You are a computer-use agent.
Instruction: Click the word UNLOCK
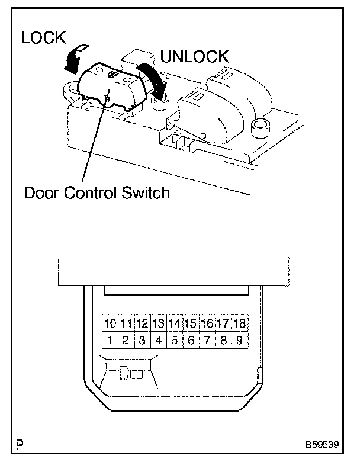[194, 57]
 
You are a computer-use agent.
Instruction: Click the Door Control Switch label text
[97, 193]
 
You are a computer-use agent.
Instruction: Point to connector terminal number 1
[110, 341]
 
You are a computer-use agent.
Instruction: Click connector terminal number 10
[110, 324]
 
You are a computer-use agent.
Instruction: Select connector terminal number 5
[175, 341]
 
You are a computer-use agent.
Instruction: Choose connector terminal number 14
[175, 324]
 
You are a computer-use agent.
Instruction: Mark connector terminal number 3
[142, 341]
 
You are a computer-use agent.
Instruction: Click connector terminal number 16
[207, 324]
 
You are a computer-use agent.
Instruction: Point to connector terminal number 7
[207, 341]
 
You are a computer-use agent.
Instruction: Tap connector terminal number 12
[142, 324]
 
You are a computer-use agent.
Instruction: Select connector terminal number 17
[223, 324]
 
